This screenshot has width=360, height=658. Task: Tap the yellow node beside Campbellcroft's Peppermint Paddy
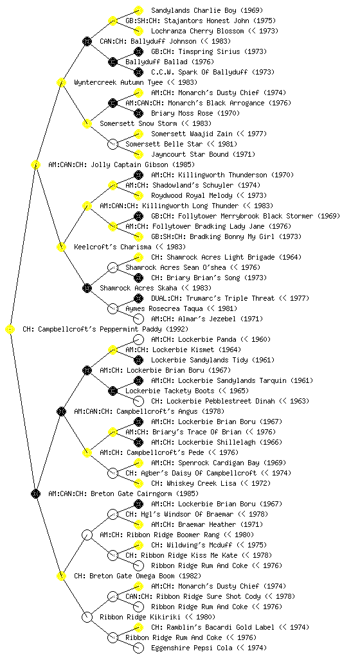click(x=10, y=330)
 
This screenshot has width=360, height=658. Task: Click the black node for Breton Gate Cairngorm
click(x=35, y=494)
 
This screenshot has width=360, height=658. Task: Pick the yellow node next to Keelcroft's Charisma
click(x=61, y=247)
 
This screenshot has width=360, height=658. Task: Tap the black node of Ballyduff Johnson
click(x=87, y=42)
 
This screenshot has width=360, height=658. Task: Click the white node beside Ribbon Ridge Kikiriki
click(x=87, y=618)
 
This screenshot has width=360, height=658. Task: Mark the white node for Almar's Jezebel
click(x=138, y=319)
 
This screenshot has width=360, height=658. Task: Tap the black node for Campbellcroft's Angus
click(x=61, y=412)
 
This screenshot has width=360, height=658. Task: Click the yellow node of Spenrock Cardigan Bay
click(x=138, y=463)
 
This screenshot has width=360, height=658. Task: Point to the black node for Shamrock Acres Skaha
click(x=87, y=289)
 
